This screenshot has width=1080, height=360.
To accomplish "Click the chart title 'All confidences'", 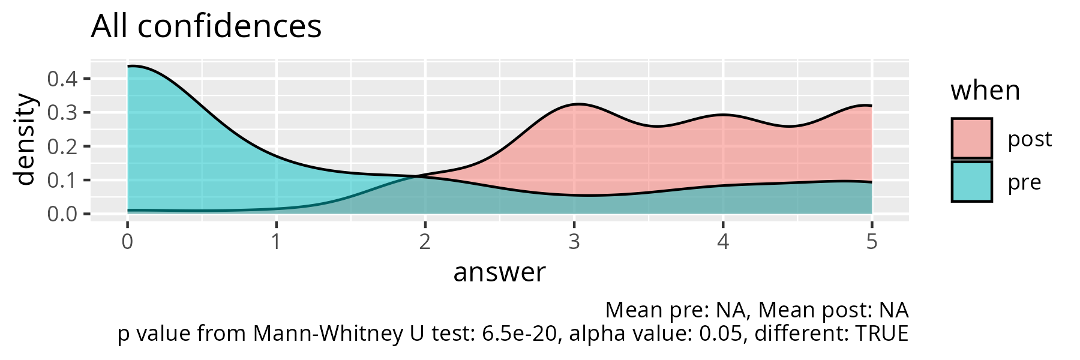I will [x=206, y=27].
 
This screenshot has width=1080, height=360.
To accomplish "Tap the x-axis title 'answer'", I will [x=499, y=272].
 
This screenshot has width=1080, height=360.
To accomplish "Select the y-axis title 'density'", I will [x=25, y=139].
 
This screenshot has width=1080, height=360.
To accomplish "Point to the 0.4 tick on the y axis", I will [x=62, y=79].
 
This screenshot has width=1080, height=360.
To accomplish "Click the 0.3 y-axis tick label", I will [x=62, y=112].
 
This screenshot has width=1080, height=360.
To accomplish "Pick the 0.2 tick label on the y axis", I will [x=62, y=146].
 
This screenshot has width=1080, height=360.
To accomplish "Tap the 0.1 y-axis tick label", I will [x=62, y=180].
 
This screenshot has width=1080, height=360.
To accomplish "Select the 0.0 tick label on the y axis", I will [x=62, y=214].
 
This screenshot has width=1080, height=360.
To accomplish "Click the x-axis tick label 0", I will [x=127, y=242].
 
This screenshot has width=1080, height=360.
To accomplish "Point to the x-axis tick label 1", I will [x=276, y=242].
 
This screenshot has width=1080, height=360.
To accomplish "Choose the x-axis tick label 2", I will [x=425, y=242].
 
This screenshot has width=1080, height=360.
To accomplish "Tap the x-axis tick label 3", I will [x=574, y=242].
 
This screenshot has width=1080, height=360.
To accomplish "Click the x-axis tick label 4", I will [x=723, y=242].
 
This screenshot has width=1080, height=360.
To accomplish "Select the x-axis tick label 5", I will [x=872, y=242].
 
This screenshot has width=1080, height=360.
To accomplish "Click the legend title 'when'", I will [x=985, y=91].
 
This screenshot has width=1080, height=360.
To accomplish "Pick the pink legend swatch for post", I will [x=971, y=139].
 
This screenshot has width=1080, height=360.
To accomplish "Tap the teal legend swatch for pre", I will [x=971, y=182].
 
